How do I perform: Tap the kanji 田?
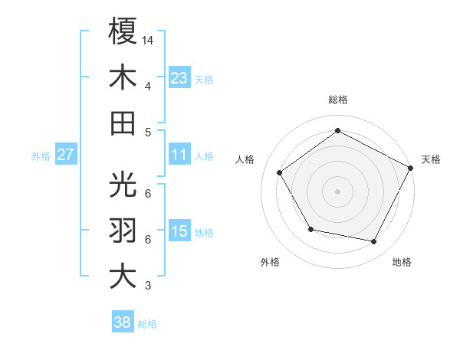coord(123,123)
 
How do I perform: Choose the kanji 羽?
coord(123,230)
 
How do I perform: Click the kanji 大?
coord(123,276)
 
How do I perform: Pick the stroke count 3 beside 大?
coord(147,286)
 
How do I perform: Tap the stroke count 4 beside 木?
coord(147,86)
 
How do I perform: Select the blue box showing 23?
coord(179,77)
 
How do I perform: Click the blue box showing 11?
coord(179,155)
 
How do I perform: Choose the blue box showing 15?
coord(179,231)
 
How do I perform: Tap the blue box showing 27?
coord(65,155)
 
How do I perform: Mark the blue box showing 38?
coord(123,322)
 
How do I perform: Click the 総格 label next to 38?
coord(147,324)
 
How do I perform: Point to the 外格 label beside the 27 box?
coord(41,156)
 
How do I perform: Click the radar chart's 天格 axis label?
coord(431,159)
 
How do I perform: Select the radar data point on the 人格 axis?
coord(280,172)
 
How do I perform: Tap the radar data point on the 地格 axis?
coord(374,241)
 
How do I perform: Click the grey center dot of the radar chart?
coord(338,191)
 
